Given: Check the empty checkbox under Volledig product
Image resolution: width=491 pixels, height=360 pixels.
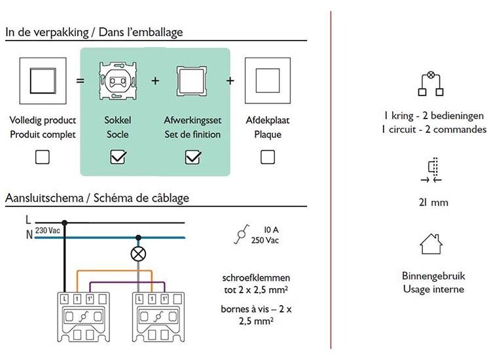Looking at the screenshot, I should click(43, 158).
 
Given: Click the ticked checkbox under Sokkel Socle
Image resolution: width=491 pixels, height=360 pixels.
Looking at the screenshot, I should click(118, 158).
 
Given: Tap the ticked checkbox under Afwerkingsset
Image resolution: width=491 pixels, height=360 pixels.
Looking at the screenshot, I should click(192, 158).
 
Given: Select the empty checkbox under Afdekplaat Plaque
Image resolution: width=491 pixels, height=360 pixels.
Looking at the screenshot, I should click(267, 158).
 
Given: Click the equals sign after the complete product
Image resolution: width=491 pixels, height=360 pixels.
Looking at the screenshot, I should click(79, 81).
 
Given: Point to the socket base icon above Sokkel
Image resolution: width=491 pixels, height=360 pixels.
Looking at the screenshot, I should click(118, 82).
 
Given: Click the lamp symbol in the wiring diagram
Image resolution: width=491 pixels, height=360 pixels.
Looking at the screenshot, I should click(139, 254).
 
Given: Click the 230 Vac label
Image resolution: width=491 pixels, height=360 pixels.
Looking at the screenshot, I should click(48, 231).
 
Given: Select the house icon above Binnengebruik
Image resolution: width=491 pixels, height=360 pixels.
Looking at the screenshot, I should click(431, 245).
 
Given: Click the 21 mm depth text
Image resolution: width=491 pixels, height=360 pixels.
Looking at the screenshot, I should click(435, 202).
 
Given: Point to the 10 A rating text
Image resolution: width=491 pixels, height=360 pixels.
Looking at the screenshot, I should click(272, 230).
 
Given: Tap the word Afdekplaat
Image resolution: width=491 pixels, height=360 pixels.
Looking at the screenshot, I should click(267, 120).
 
